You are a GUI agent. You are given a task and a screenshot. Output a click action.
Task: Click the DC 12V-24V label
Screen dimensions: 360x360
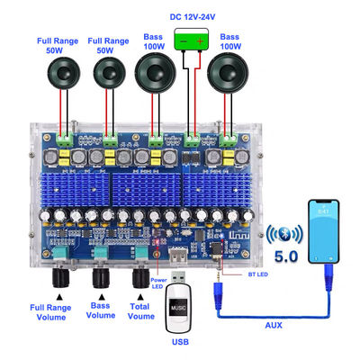click(193, 17)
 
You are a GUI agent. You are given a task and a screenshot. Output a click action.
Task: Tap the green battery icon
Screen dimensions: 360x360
click(192, 39)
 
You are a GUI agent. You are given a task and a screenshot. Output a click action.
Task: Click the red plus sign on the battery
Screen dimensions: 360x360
click(200, 40)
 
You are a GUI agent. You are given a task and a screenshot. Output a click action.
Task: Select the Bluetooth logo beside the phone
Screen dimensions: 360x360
click(284, 234)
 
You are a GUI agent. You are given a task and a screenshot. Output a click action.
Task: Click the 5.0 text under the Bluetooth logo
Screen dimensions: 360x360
click(286, 256)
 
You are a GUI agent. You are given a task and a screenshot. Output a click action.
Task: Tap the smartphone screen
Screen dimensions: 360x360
click(324, 231)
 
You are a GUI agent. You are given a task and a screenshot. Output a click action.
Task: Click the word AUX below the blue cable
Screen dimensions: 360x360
click(274, 325)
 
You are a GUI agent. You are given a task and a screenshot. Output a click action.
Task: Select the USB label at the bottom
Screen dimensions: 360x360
click(180, 341)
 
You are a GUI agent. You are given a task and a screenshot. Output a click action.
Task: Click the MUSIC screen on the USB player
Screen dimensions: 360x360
click(178, 307)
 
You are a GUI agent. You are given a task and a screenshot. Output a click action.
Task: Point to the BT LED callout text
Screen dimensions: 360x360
click(258, 274)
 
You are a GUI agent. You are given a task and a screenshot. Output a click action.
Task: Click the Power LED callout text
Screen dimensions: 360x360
click(158, 283)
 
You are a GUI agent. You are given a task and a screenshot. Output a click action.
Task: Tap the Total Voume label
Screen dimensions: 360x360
click(140, 311)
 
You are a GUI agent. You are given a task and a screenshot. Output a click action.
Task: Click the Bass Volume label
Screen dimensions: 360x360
click(101, 310)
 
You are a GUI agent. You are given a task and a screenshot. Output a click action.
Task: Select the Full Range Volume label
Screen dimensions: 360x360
click(50, 312)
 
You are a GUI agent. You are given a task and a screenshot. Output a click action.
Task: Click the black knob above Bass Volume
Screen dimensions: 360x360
click(102, 278)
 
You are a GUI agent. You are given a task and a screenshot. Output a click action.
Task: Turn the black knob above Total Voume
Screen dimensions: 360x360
click(141, 278)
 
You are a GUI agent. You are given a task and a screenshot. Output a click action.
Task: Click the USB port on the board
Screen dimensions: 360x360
click(178, 255)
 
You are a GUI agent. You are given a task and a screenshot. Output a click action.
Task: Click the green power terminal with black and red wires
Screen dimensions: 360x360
click(192, 140)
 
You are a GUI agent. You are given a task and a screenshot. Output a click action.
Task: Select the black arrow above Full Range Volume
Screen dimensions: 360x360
click(60, 297)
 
